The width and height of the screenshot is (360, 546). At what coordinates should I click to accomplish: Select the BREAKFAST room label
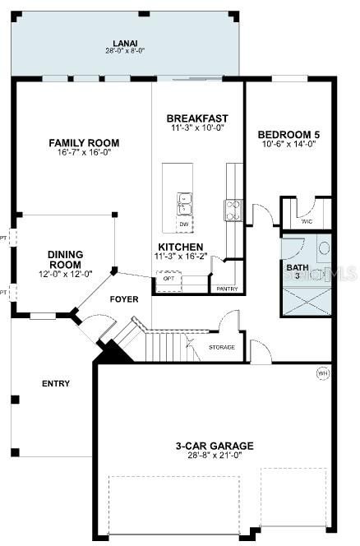196,118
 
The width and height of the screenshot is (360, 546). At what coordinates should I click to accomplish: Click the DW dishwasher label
183,224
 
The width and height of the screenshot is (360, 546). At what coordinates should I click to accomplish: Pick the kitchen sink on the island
183,199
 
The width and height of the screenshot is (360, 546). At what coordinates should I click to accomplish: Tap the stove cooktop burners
233,208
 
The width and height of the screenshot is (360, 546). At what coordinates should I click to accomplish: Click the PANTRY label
227,289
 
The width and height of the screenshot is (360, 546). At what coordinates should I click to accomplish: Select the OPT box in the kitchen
168,278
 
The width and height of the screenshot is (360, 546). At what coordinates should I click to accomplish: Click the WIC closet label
307,221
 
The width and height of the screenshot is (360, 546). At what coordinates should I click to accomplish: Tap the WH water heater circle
323,373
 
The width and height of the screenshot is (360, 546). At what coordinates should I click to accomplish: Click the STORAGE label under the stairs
221,347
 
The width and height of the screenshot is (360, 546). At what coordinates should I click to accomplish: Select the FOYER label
123,299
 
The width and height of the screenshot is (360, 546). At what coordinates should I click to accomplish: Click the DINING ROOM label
64,259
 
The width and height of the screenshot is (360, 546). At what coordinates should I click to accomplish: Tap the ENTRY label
55,383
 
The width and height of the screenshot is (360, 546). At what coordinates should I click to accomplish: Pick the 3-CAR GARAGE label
214,446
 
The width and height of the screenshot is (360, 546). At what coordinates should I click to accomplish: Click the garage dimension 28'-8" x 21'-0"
214,455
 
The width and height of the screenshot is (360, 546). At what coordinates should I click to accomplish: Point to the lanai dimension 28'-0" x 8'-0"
126,50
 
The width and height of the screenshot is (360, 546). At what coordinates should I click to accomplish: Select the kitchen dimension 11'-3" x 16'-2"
182,256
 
